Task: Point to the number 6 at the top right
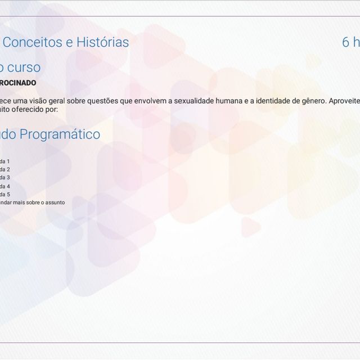(x=346, y=42)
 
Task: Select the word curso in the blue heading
(x=23, y=67)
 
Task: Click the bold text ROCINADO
(x=18, y=83)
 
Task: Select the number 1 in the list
(x=8, y=161)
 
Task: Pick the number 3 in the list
(x=8, y=177)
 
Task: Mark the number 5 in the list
(x=8, y=194)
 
